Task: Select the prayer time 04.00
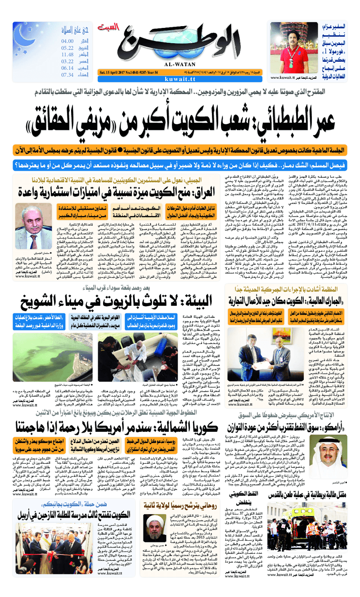(67, 41)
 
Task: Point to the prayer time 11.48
(67, 54)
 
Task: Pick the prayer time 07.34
(67, 75)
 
